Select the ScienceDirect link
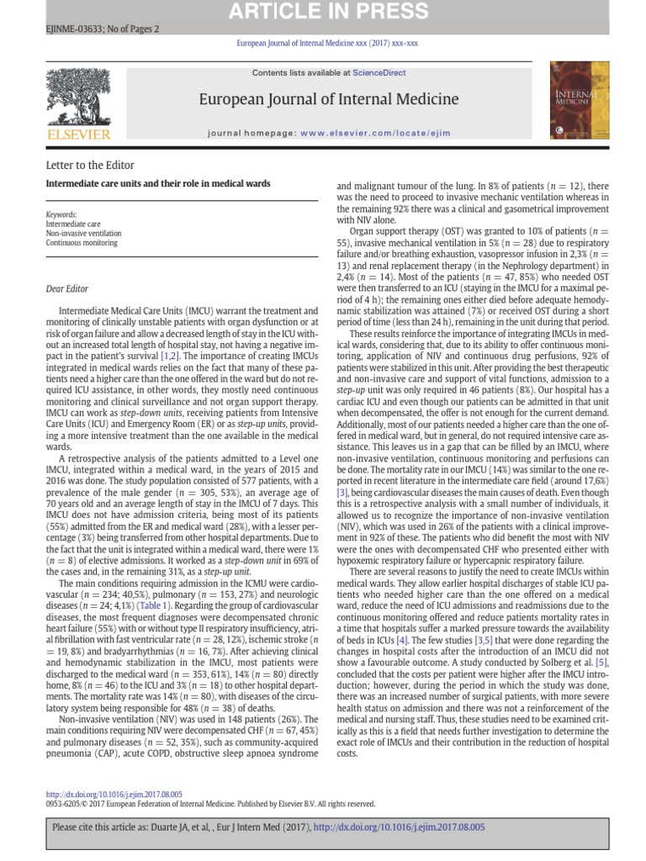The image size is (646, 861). click(x=379, y=74)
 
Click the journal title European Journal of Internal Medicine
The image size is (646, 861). click(x=329, y=100)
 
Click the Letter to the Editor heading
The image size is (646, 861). click(x=90, y=165)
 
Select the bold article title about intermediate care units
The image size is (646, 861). click(x=158, y=183)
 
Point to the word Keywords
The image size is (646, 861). click(x=61, y=215)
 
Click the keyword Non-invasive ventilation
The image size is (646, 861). click(x=84, y=234)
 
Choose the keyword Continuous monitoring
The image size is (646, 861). click(x=82, y=243)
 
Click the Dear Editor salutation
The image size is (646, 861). click(x=67, y=289)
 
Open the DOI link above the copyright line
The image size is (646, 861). click(x=114, y=794)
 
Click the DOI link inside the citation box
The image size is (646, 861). click(x=399, y=827)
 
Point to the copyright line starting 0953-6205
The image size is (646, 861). click(x=210, y=804)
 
